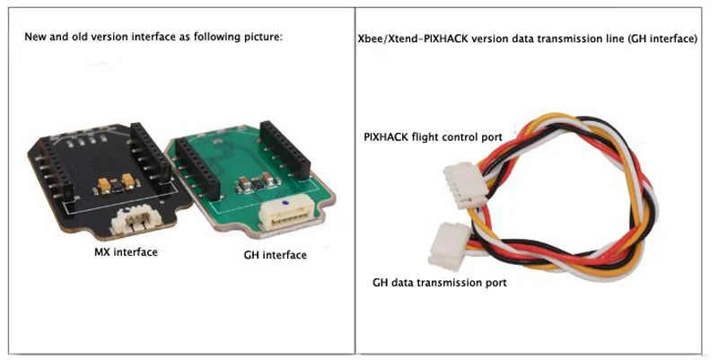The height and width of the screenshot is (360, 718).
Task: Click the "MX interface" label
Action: pos(126,252)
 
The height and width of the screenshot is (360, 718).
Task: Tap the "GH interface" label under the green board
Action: pos(276,255)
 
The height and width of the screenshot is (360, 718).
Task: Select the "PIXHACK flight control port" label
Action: pos(433,137)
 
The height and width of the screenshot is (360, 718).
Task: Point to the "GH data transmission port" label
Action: pos(440,283)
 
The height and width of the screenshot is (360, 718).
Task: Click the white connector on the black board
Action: pos(136,220)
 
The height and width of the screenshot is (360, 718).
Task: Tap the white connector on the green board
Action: pos(285,215)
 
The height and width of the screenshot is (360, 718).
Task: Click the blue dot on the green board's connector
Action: pos(285,202)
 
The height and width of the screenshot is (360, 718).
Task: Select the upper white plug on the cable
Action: pos(465,185)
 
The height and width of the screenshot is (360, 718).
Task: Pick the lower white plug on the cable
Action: pos(450,246)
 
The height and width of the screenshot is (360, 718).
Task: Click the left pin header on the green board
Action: pos(198,170)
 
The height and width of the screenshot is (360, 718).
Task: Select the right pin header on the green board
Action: pos(285,150)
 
